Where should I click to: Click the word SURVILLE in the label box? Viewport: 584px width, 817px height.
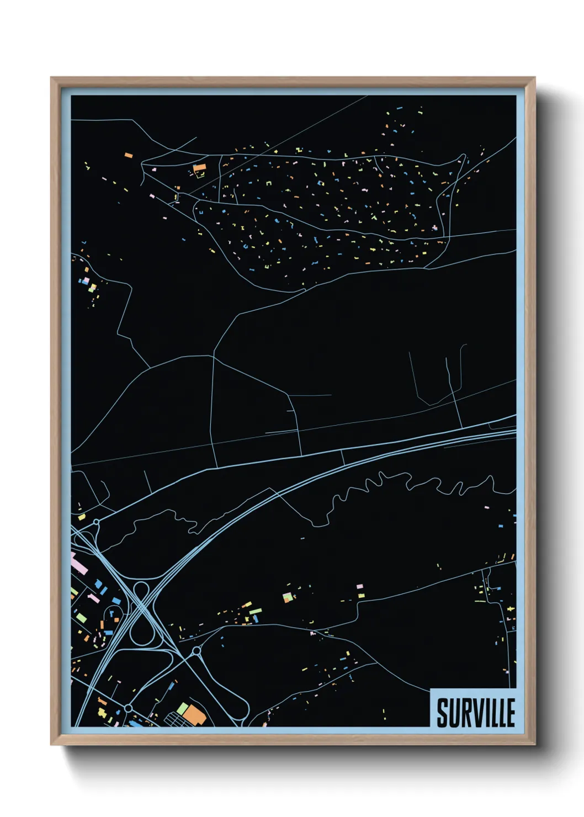click(476, 713)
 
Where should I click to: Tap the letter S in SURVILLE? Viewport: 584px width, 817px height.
click(442, 713)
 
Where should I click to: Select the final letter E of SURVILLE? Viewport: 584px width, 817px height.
click(511, 713)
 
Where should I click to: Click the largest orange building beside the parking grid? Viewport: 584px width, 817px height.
click(195, 714)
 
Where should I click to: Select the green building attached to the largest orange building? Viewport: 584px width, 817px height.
click(183, 708)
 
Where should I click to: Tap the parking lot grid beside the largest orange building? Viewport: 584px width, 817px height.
click(176, 719)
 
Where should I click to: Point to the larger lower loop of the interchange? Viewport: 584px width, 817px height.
click(142, 630)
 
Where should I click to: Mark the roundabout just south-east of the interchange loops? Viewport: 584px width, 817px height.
click(196, 652)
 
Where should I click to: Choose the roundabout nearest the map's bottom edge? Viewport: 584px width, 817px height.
click(128, 708)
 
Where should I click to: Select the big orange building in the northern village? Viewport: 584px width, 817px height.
click(199, 167)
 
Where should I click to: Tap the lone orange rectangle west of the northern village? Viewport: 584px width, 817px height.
click(129, 156)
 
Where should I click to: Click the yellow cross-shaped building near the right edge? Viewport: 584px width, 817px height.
click(511, 609)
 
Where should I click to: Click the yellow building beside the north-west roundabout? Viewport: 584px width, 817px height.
click(82, 517)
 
